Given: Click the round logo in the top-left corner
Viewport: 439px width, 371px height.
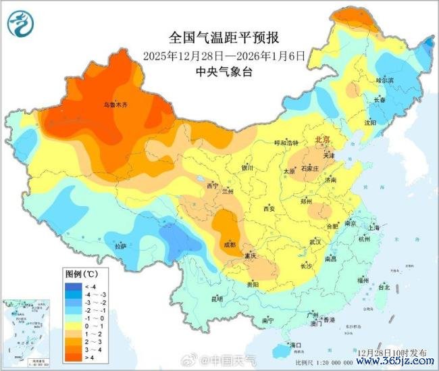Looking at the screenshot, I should click(x=20, y=24).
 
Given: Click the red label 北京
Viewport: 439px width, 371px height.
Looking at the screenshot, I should click(x=324, y=139).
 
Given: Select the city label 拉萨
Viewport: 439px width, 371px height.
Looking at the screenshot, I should click(x=120, y=246).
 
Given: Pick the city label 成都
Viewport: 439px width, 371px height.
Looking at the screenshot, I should click(x=229, y=243).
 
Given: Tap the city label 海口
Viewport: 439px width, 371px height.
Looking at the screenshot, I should click(x=295, y=345).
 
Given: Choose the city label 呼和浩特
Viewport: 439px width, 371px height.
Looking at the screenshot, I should click(x=286, y=143).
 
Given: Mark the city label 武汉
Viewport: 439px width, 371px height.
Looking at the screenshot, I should click(x=315, y=241).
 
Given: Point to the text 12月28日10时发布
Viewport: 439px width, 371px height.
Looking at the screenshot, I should click(x=392, y=353).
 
